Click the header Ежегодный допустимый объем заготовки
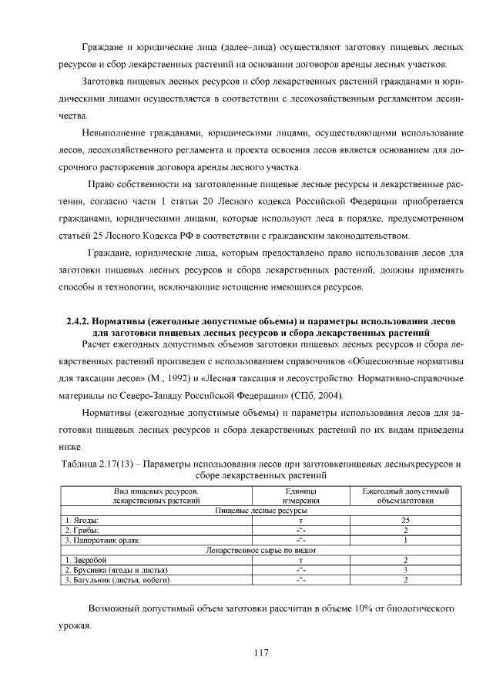[405, 495]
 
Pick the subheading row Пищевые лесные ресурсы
[261, 511]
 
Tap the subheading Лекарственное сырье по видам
[261, 550]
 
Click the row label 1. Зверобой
[86, 560]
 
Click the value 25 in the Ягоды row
[405, 521]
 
